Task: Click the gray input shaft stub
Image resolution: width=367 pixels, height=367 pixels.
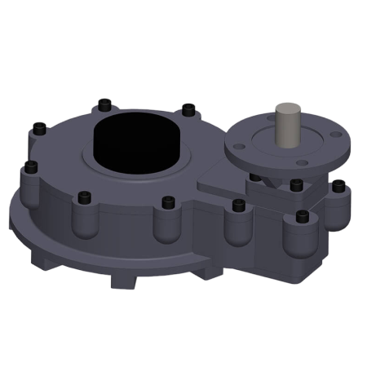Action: (288, 122)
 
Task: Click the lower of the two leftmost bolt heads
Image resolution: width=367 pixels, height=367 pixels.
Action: (31, 167)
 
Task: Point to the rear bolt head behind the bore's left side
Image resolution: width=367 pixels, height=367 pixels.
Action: (104, 104)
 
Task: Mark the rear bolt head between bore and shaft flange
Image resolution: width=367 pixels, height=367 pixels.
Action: (188, 107)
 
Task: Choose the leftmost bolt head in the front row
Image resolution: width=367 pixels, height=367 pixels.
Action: (84, 196)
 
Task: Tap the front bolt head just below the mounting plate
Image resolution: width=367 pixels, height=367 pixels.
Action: (238, 203)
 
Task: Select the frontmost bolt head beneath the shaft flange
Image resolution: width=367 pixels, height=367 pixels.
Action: (303, 216)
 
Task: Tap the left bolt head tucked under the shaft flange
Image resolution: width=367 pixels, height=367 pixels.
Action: (256, 176)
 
